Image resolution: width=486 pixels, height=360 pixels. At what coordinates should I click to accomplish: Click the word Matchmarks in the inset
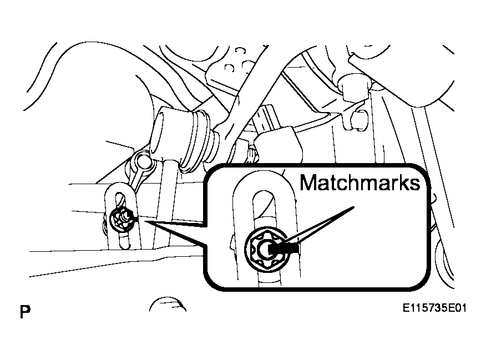pyautogui.click(x=360, y=182)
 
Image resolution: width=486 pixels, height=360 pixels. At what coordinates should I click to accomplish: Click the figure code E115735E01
pyautogui.click(x=434, y=308)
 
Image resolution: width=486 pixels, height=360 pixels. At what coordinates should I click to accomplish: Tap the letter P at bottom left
pyautogui.click(x=25, y=312)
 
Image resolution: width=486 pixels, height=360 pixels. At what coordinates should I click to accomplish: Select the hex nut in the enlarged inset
pyautogui.click(x=266, y=249)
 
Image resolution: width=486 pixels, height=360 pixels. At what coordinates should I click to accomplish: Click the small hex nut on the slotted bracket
pyautogui.click(x=122, y=219)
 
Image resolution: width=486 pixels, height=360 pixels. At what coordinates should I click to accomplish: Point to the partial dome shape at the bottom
pyautogui.click(x=168, y=304)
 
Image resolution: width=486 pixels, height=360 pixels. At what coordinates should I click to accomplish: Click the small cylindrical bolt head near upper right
pyautogui.click(x=359, y=120)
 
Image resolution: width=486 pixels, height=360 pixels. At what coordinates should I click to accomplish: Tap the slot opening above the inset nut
pyautogui.click(x=264, y=211)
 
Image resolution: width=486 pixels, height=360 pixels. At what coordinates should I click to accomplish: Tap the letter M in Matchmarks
pyautogui.click(x=308, y=182)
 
